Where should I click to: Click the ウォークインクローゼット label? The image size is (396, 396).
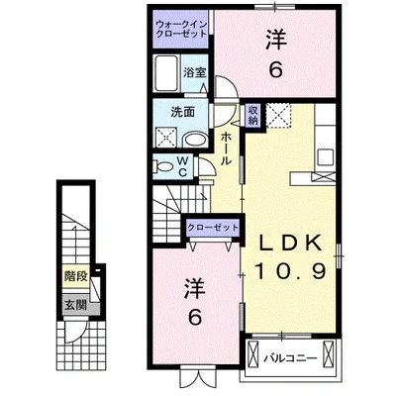[x=181, y=28]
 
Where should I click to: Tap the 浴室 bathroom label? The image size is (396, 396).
[x=194, y=71]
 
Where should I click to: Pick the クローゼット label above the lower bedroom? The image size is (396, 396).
[x=213, y=228]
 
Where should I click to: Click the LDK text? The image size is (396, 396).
[x=292, y=245]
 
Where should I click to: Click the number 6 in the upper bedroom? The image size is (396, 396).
[x=275, y=70]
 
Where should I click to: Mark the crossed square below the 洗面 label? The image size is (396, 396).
[x=164, y=139]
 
